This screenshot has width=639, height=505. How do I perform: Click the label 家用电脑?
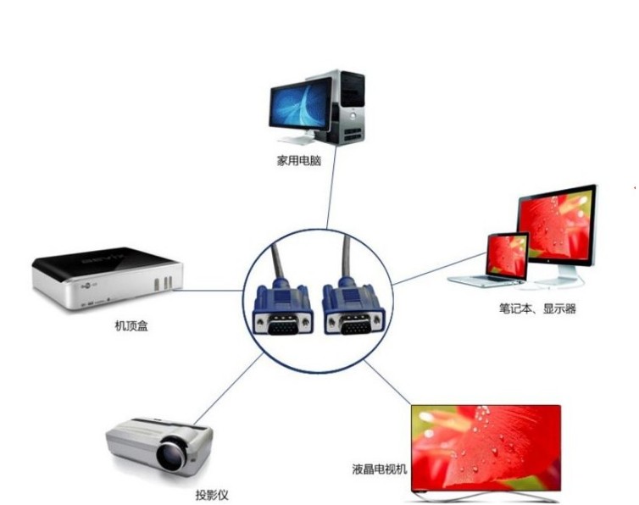point(299,159)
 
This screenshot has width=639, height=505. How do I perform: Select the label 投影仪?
point(212,495)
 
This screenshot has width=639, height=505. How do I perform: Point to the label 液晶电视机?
point(381,468)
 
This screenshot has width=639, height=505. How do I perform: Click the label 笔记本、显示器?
point(537,308)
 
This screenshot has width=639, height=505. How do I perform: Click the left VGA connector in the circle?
point(284,314)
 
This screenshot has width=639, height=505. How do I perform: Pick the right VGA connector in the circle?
point(350,314)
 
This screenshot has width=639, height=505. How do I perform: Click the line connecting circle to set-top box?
point(212,290)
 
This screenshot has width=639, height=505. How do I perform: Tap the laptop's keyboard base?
point(487,280)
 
